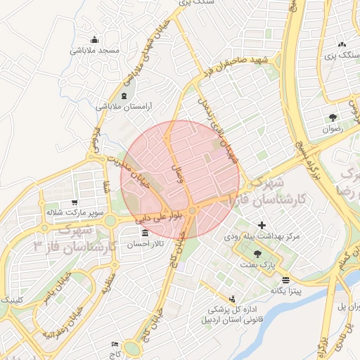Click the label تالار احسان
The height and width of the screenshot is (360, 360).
(145, 244)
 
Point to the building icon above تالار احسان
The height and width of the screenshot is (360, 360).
(146, 233)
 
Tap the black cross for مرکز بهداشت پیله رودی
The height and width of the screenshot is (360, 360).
(262, 226)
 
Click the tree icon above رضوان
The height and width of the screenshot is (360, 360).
(331, 118)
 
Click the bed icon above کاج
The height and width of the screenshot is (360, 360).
(114, 345)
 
